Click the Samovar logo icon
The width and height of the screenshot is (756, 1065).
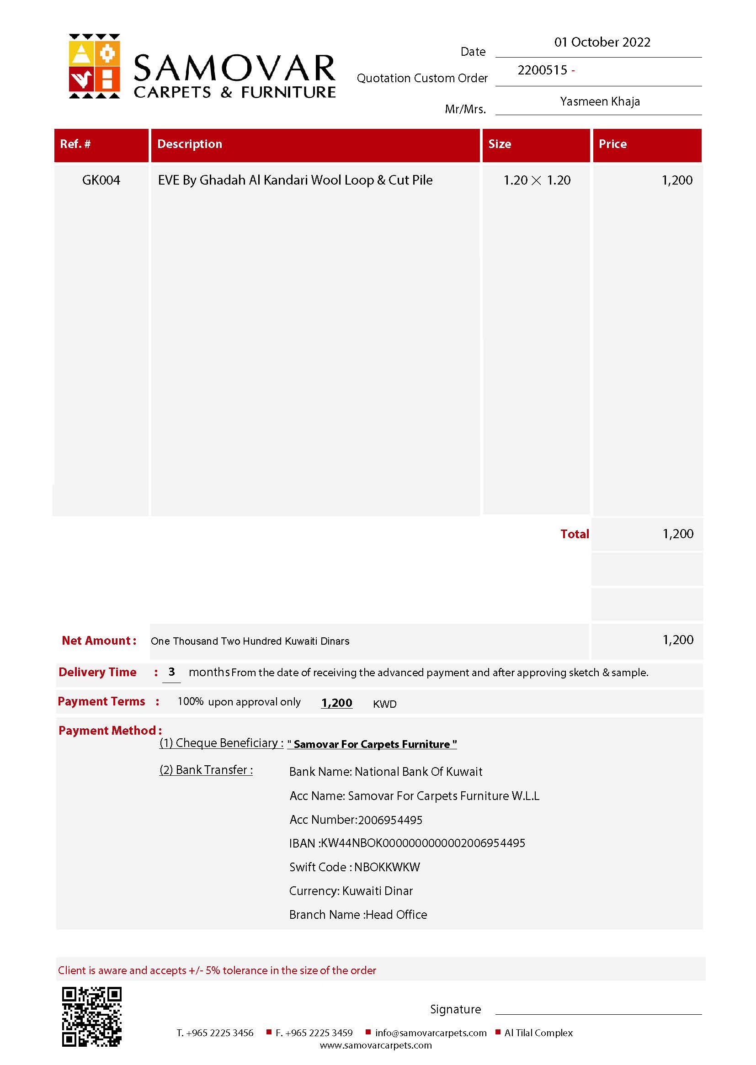point(95,66)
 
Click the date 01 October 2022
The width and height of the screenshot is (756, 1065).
point(602,42)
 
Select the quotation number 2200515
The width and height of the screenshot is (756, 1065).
point(543,70)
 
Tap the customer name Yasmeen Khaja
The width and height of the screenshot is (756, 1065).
point(600,101)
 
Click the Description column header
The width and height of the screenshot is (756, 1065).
point(190,144)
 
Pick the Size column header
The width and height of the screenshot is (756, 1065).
point(500,144)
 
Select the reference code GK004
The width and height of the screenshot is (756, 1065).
point(101,180)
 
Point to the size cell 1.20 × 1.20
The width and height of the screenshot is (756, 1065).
point(537,180)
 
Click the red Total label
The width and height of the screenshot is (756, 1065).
point(575,534)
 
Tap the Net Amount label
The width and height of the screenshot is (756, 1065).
point(99,640)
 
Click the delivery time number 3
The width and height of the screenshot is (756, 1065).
point(171,671)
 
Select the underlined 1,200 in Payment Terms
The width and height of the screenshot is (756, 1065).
point(336,703)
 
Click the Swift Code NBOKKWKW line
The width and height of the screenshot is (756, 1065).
point(354,867)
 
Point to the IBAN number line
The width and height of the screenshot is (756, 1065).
point(407,843)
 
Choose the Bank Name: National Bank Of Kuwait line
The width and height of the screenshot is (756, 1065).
point(385,771)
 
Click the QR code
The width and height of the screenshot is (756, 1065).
point(92,1016)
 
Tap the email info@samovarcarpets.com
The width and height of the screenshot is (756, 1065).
point(431,1033)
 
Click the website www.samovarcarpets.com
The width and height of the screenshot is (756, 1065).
point(376,1045)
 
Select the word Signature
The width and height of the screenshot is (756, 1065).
point(455,1009)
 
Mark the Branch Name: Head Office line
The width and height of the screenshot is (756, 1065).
point(358,915)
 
